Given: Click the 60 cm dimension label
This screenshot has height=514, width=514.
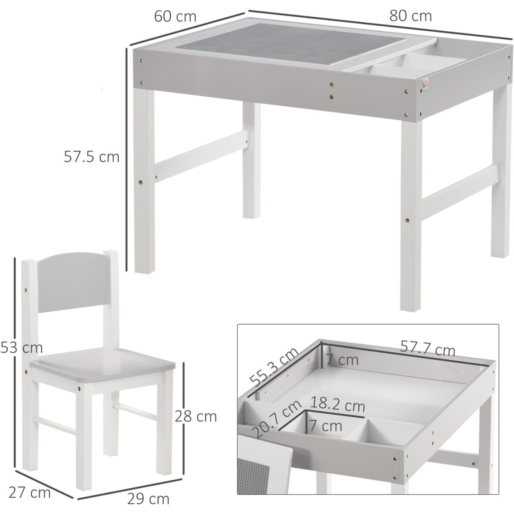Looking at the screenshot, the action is click(x=175, y=17).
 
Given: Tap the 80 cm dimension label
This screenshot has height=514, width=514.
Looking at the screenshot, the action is click(x=410, y=16).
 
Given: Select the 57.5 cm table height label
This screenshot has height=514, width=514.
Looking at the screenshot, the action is click(x=92, y=157).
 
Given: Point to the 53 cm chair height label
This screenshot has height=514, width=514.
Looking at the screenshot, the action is click(x=21, y=348).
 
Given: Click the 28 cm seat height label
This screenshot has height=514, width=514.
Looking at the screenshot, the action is click(x=195, y=416).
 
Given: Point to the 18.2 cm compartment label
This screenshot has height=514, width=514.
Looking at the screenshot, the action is click(x=337, y=406).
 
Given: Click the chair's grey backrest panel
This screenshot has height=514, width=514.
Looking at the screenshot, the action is click(x=72, y=284).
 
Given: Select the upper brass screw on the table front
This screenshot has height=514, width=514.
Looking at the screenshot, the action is click(x=332, y=84).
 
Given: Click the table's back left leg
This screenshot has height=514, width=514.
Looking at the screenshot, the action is click(x=251, y=161).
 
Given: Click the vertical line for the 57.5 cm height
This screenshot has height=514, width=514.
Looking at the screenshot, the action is click(x=126, y=159).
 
